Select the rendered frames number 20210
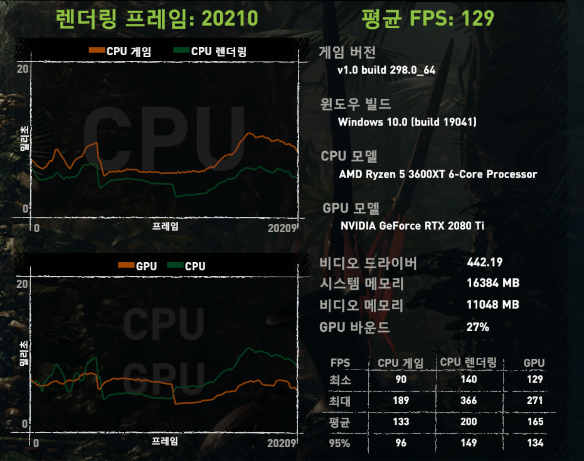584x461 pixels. [229, 18]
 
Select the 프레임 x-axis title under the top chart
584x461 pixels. [165, 226]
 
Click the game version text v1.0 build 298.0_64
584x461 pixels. [386, 70]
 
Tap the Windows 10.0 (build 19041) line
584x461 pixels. [407, 122]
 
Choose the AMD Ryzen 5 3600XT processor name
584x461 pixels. [438, 174]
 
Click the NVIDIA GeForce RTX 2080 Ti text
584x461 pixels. [412, 226]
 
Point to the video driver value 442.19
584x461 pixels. [485, 262]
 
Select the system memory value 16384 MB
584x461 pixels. [493, 283]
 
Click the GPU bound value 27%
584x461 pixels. [478, 327]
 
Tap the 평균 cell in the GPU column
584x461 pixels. [535, 421]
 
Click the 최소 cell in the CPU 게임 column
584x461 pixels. [401, 379]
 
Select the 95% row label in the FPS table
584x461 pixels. [340, 443]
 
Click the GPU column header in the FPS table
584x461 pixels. [534, 363]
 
